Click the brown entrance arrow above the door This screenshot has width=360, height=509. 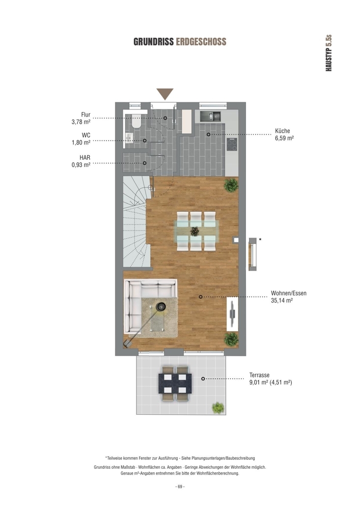[165, 94]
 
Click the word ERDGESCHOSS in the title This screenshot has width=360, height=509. [201, 42]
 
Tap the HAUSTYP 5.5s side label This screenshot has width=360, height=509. [328, 53]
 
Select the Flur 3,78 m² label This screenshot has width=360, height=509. [81, 119]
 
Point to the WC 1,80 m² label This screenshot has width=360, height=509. [81, 138]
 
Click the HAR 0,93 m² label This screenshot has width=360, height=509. [81, 161]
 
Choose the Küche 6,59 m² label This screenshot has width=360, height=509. [284, 134]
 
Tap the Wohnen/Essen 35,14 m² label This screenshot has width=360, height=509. [289, 297]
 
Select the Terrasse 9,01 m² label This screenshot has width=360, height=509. [271, 379]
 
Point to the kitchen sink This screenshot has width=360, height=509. [210, 116]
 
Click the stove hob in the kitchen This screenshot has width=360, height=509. [232, 145]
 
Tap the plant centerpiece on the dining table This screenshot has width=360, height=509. [195, 231]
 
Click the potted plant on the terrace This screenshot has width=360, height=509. [218, 408]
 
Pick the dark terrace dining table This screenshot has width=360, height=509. [175, 383]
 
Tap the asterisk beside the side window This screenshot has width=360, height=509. [260, 240]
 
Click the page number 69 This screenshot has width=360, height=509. [180, 487]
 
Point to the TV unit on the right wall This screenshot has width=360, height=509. [232, 314]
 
